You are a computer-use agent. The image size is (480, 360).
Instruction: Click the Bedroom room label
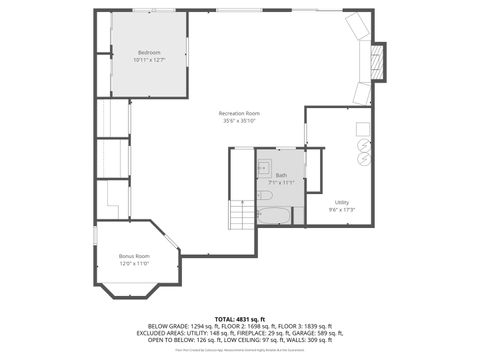pos(149,52)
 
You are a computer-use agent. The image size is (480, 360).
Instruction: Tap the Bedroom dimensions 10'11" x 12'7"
pos(149,60)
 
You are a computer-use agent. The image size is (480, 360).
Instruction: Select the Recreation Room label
pos(239,113)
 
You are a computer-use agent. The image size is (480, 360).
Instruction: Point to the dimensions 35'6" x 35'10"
pos(239,121)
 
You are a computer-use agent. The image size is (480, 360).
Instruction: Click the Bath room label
pos(281,176)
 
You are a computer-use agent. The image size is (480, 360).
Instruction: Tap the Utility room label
pos(342,202)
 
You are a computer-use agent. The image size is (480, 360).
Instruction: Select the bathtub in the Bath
pos(273,214)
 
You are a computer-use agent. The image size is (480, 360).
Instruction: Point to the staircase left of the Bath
pos(242,214)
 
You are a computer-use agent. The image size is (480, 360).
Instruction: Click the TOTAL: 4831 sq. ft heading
pos(239,318)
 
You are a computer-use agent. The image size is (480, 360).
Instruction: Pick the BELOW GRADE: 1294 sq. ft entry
pos(181,325)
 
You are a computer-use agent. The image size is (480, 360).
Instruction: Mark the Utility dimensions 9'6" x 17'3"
pos(342,210)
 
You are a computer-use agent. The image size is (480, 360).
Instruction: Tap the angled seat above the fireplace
pos(356,26)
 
